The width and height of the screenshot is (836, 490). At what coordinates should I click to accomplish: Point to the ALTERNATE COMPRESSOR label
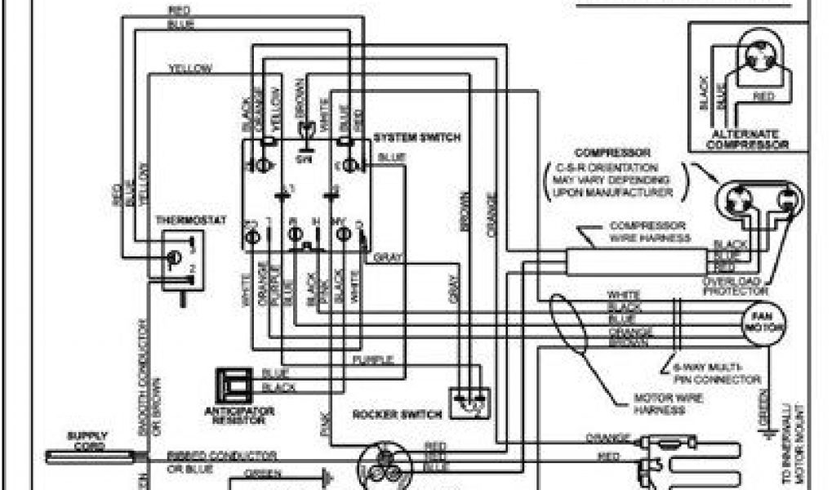coord(749,139)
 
